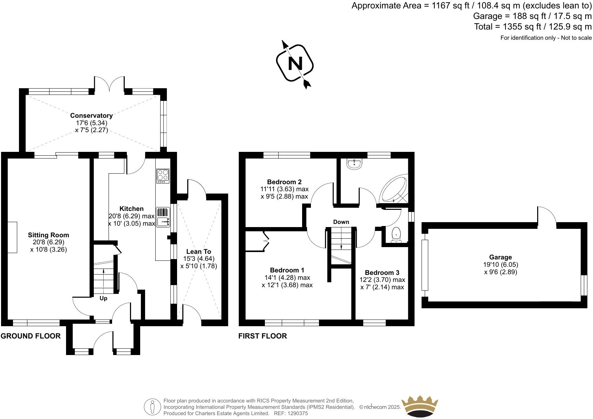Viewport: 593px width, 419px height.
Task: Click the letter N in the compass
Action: pyautogui.click(x=295, y=64)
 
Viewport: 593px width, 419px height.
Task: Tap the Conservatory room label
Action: pyautogui.click(x=91, y=115)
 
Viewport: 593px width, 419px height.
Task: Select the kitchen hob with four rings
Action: pyautogui.click(x=163, y=175)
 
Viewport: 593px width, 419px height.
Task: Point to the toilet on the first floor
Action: pyautogui.click(x=397, y=235)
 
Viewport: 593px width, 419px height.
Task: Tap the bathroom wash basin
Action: pyautogui.click(x=354, y=164)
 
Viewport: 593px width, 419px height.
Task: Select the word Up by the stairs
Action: pyautogui.click(x=103, y=298)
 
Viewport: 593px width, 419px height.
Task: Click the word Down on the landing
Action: pyautogui.click(x=341, y=222)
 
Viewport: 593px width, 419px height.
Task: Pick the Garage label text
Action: pyautogui.click(x=500, y=257)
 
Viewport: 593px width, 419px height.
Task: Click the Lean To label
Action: pyautogui.click(x=198, y=251)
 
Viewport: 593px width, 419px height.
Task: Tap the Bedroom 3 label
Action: pyautogui.click(x=382, y=272)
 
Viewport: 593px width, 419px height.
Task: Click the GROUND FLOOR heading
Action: pyautogui.click(x=31, y=336)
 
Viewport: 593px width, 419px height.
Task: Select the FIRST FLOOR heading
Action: pyautogui.click(x=262, y=336)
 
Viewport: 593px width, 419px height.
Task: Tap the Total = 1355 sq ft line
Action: pyautogui.click(x=533, y=26)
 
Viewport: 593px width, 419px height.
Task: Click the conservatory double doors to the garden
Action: pyautogui.click(x=109, y=84)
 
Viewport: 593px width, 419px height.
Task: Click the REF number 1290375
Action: pyautogui.click(x=298, y=413)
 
